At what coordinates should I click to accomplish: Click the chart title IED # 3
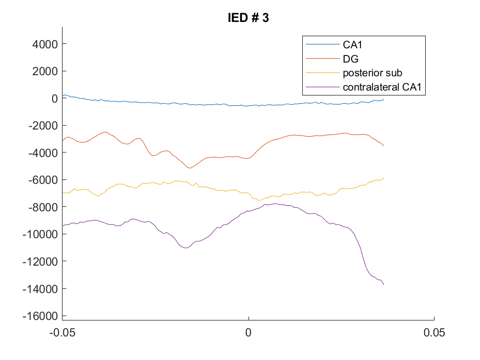249,18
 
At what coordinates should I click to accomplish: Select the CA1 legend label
352,44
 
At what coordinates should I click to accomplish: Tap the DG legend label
351,59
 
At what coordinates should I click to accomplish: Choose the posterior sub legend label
372,73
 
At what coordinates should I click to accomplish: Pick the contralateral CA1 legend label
382,87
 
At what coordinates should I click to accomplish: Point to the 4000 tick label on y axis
45,44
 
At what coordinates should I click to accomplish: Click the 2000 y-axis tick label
45,71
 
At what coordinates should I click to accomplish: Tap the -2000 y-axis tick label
43,126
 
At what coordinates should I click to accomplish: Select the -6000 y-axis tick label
43,180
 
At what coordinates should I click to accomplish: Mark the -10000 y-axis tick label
40,234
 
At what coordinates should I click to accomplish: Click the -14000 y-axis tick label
40,289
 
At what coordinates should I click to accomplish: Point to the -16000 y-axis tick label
40,316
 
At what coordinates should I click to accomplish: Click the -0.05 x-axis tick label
63,333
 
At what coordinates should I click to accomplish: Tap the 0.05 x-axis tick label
434,333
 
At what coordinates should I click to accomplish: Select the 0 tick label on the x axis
249,333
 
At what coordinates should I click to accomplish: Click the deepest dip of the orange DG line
190,168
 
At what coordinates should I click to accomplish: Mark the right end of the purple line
384,285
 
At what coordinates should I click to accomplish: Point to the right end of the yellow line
384,178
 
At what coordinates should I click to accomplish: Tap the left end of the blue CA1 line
63,96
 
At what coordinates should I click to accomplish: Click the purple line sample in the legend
323,87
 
